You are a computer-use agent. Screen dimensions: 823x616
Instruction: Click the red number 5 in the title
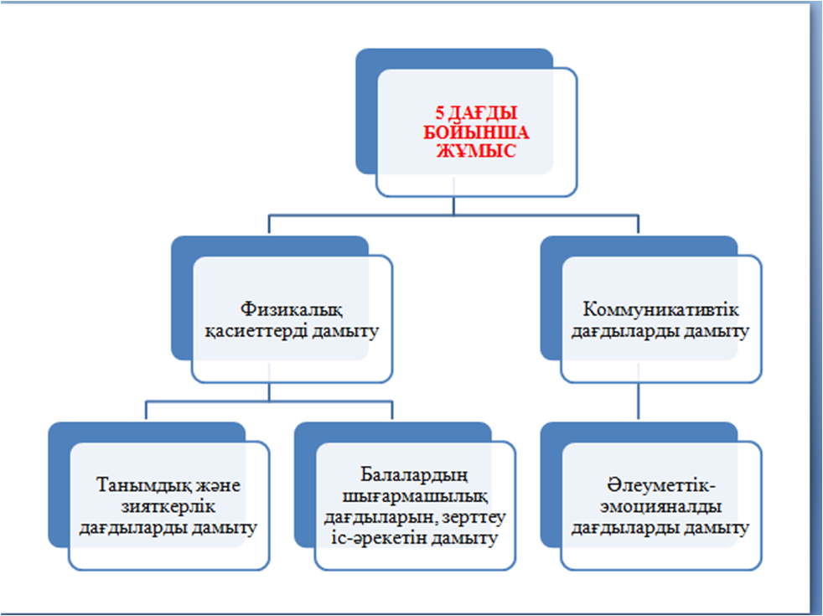440,113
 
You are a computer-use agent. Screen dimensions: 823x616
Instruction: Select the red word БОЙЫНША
477,132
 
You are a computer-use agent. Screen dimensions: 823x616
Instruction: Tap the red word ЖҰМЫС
477,152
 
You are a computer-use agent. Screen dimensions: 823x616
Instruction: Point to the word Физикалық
292,310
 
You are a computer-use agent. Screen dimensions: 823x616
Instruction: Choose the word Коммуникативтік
660,309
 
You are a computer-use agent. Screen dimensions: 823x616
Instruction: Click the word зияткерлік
168,507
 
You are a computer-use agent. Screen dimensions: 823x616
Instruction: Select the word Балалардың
414,475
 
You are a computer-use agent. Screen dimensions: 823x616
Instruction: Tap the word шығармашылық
415,497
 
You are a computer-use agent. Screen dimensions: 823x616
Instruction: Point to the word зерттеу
474,518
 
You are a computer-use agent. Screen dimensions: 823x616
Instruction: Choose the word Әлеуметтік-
661,485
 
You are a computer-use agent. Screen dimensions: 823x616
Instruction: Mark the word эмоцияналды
660,508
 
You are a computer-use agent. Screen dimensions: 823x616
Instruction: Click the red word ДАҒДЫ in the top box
483,113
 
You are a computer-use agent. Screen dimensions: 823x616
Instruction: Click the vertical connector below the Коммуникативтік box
639,401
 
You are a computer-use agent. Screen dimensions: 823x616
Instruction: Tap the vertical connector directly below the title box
453,205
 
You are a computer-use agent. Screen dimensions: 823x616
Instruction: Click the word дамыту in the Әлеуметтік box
717,528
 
